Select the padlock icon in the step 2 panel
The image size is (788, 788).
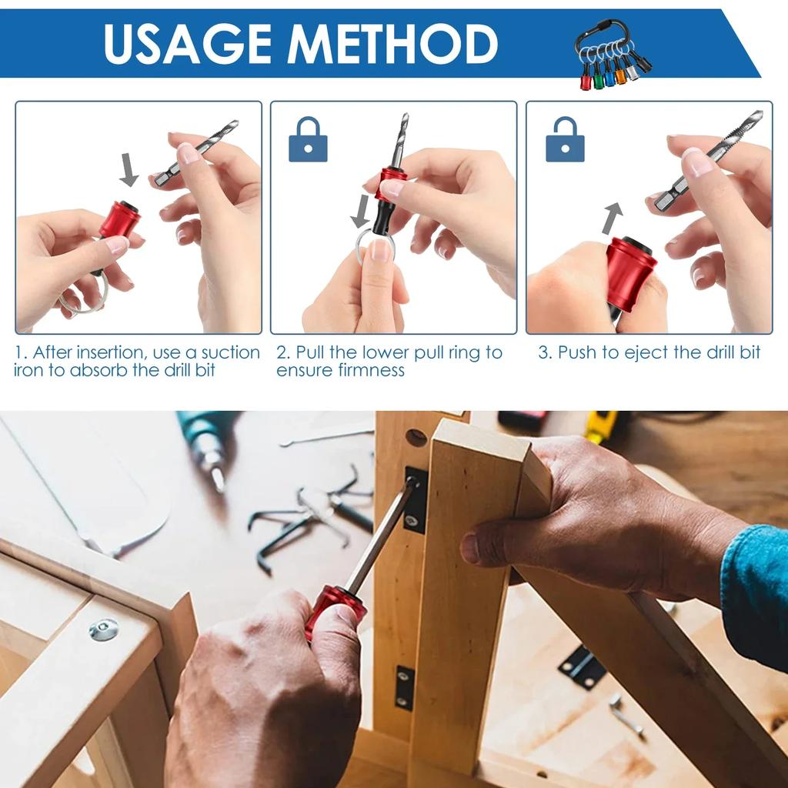coord(308,140)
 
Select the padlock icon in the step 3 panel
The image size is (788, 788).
coord(564,140)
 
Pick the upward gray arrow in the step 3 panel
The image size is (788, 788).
coord(612,218)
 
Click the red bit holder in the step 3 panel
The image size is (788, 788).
coord(630,273)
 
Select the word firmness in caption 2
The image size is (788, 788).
coord(372,371)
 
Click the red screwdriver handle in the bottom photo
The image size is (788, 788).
coord(335,608)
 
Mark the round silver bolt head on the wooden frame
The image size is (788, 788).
coord(103,629)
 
